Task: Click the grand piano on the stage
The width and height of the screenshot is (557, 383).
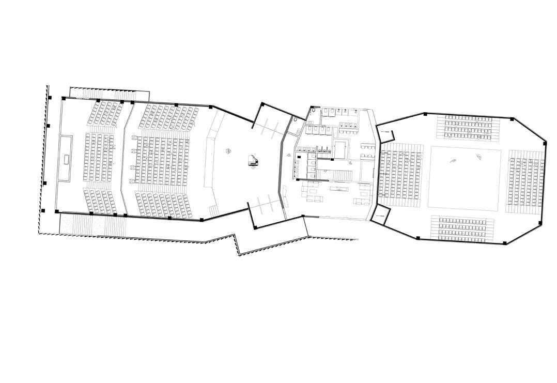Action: point(253,161)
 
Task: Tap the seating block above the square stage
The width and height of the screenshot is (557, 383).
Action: point(469,127)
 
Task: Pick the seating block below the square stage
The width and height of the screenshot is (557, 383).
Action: point(462,228)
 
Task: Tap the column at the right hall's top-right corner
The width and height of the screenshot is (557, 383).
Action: point(512,119)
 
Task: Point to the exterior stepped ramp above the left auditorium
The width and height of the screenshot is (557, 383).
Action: point(109,94)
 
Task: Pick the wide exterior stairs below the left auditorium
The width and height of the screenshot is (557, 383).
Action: point(93,224)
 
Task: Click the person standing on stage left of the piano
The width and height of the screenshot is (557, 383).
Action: point(228,151)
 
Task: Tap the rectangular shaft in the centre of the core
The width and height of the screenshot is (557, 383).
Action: point(340,148)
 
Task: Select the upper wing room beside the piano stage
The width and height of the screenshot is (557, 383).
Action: point(271,121)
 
